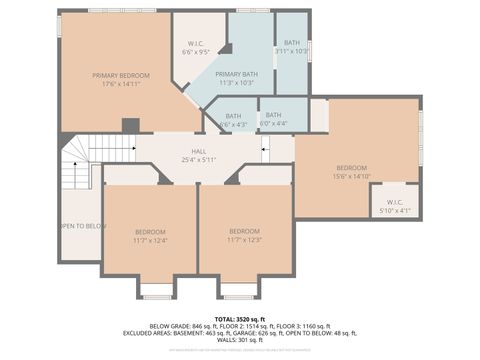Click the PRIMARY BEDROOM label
point(121,75)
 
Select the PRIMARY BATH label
point(236,75)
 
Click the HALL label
point(199,151)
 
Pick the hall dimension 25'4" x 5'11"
point(199,160)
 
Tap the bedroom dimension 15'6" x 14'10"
point(352,176)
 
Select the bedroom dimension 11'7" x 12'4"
point(150,240)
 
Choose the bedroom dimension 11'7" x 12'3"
point(244,240)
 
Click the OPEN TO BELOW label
point(82,226)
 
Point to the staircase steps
point(76,164)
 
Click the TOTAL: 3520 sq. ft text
point(240,318)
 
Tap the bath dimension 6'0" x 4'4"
point(273,124)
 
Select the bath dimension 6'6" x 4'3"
point(232,125)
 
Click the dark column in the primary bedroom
point(129,125)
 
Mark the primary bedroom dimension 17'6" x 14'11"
point(121,85)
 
